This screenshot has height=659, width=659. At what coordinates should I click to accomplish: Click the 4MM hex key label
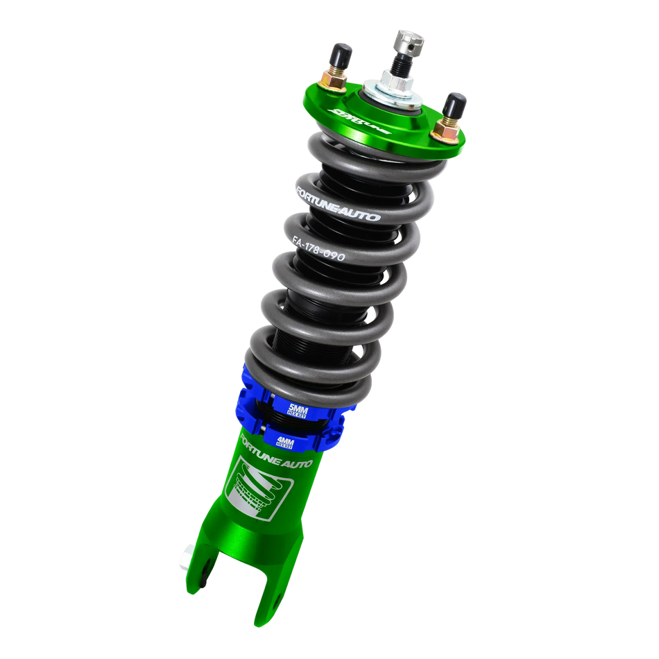[284, 442]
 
